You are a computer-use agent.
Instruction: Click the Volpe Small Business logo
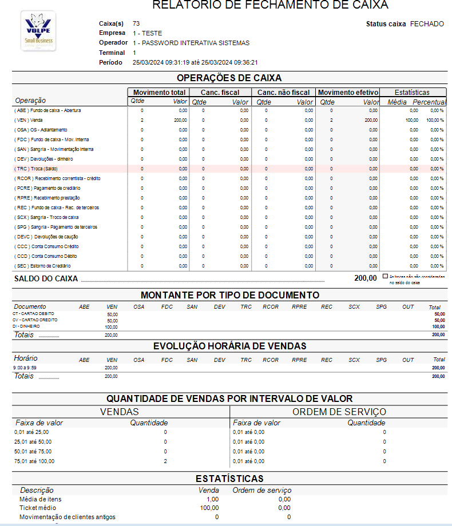38,31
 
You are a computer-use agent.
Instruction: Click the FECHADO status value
427,24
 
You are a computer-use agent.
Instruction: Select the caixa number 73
136,24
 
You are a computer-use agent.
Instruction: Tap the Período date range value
195,62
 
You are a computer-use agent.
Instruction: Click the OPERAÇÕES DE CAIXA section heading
229,78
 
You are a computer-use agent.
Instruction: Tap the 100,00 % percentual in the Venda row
435,120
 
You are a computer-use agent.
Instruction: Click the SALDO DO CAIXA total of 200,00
366,278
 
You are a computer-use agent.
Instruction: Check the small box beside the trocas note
385,276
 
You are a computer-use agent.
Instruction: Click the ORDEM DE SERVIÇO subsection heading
339,412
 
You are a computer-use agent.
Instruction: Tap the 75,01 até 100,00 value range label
34,461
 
